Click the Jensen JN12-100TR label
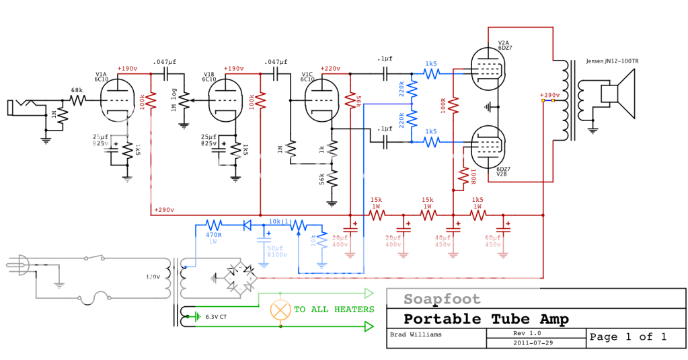click(x=612, y=61)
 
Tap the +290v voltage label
click(x=164, y=210)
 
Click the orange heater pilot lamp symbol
click(x=280, y=310)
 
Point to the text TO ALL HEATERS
click(x=334, y=310)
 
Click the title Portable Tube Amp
click(x=486, y=319)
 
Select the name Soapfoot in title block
click(x=442, y=299)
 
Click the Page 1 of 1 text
click(x=627, y=336)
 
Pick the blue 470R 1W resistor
click(x=213, y=225)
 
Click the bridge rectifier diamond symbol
click(x=240, y=277)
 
